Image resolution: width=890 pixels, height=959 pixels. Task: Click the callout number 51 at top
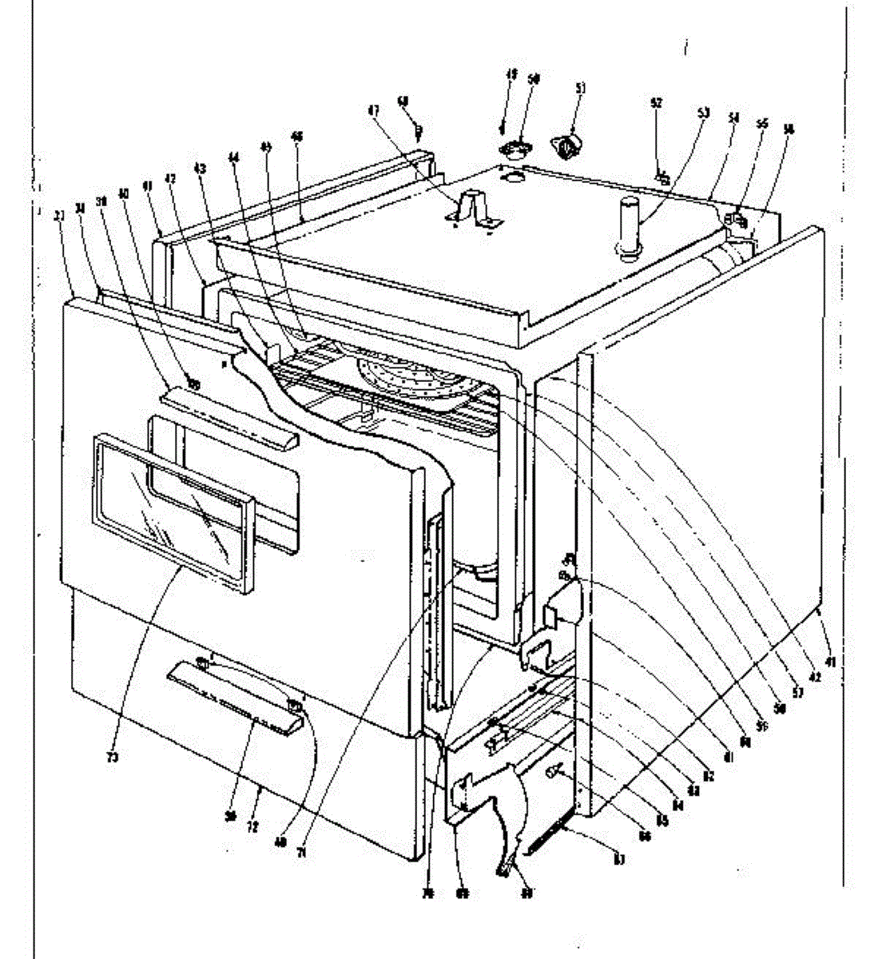coord(581,89)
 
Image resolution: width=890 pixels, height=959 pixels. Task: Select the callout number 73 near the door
coord(113,756)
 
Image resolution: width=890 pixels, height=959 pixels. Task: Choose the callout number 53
coord(702,113)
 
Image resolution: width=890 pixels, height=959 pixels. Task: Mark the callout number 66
coord(644,836)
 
